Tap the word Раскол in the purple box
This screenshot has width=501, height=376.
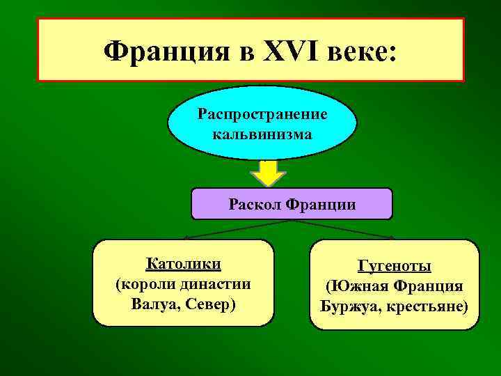pos(250,205)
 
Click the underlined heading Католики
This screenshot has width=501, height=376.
pos(184,264)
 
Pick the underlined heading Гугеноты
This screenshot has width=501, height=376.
pos(394,267)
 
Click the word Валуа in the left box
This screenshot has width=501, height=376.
pos(152,304)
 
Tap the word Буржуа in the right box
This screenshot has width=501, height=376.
pos(347,306)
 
